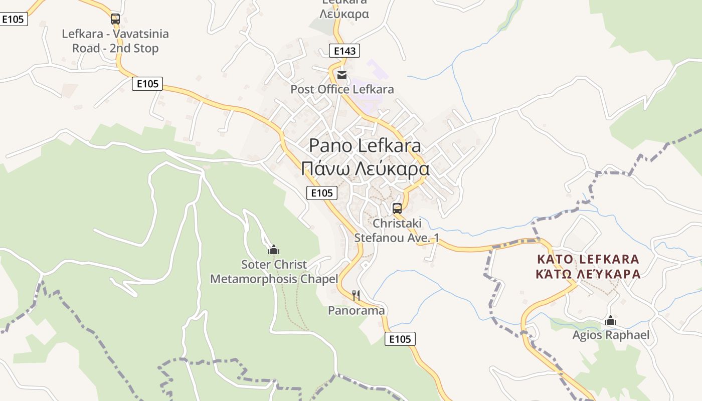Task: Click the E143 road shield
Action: [344, 51]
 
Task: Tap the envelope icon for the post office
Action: [342, 75]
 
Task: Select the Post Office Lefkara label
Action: [342, 89]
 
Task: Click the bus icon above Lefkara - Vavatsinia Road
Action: [115, 19]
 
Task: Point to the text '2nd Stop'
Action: [135, 48]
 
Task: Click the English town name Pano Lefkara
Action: [365, 146]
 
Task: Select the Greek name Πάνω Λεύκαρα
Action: [365, 168]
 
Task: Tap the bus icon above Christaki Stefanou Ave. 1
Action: [397, 209]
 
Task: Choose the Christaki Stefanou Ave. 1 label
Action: [397, 230]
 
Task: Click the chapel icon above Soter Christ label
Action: [274, 249]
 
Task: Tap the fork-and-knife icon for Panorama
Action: [356, 295]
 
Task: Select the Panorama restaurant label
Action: [356, 310]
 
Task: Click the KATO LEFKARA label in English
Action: [588, 259]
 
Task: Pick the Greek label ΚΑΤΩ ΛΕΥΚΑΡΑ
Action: [588, 274]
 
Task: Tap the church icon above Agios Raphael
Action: [611, 320]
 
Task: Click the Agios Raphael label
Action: [611, 335]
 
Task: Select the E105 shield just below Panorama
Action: [400, 339]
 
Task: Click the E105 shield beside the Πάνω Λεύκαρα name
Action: [322, 193]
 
